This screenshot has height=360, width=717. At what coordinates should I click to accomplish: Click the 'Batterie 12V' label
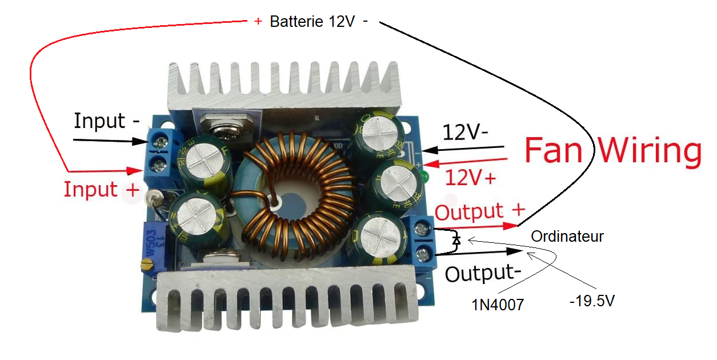click(x=312, y=22)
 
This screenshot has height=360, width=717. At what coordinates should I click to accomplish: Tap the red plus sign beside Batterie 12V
click(x=258, y=21)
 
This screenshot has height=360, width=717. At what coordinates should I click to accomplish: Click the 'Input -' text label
click(x=107, y=121)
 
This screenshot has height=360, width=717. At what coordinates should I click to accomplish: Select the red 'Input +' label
click(x=101, y=189)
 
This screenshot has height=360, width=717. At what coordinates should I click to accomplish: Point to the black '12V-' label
click(x=464, y=133)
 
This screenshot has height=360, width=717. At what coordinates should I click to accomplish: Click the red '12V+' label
click(x=470, y=178)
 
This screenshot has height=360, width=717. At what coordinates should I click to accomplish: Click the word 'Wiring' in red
click(x=649, y=151)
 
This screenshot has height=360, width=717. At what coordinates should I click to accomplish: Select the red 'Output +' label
click(x=479, y=211)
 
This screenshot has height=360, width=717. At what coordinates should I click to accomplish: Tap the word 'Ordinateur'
click(x=567, y=236)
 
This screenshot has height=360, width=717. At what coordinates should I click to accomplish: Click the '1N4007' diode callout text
click(x=497, y=305)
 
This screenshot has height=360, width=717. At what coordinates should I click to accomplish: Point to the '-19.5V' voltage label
click(x=592, y=301)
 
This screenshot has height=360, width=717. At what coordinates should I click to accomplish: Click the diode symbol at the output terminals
click(x=456, y=241)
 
